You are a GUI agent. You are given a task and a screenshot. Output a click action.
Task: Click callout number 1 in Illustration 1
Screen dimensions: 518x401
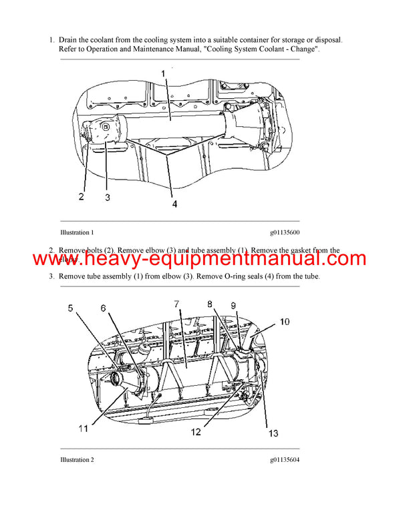(x=162, y=72)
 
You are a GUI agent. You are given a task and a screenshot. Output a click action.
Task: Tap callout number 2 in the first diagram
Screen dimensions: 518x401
(x=81, y=196)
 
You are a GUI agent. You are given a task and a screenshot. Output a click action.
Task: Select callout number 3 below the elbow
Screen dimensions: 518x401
(x=107, y=197)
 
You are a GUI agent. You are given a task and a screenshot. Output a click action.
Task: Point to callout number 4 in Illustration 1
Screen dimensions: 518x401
(x=174, y=204)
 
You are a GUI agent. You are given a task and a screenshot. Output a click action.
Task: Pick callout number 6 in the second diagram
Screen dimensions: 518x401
(x=103, y=308)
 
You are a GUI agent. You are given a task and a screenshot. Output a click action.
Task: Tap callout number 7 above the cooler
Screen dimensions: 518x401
(x=176, y=304)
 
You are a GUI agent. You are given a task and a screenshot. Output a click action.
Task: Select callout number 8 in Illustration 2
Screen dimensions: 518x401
(x=211, y=304)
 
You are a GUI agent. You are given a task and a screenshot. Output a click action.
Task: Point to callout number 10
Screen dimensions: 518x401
(x=284, y=322)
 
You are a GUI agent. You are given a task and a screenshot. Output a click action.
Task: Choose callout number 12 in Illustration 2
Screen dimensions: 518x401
(x=195, y=432)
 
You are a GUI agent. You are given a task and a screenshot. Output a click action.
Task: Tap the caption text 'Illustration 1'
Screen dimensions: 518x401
(x=76, y=232)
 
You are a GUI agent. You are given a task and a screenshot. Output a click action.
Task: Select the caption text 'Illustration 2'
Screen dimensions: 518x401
(x=76, y=460)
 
